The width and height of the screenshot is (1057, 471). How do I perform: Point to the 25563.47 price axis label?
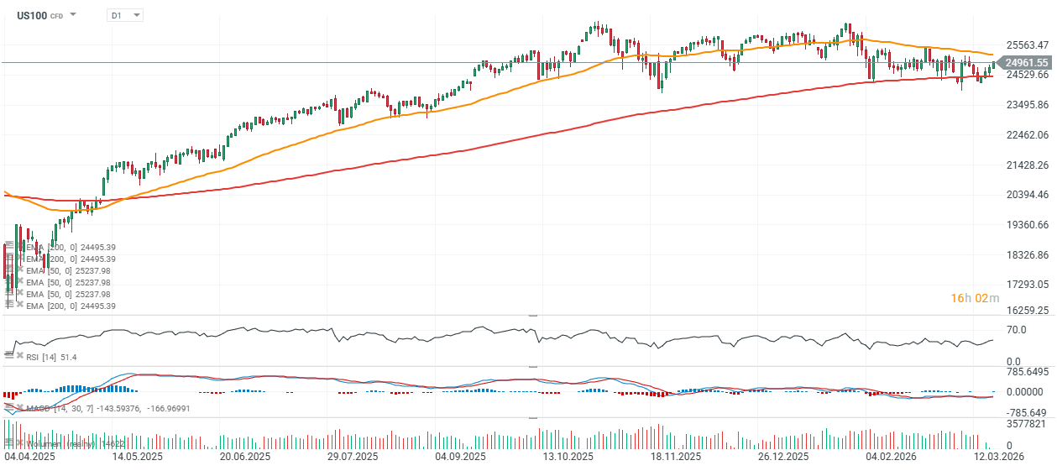click(x=1026, y=45)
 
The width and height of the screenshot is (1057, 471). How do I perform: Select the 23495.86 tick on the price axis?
click(x=1026, y=105)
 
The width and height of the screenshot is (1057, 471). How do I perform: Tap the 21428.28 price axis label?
click(x=1026, y=165)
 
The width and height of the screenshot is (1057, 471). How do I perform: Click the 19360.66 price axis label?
click(x=1026, y=224)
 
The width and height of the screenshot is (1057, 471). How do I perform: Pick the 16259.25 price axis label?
click(x=1026, y=310)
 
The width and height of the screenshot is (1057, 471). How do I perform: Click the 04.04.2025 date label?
click(x=29, y=457)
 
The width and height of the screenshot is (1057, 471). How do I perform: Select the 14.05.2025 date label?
click(x=138, y=457)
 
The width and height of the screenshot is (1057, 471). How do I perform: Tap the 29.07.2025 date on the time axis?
click(x=352, y=457)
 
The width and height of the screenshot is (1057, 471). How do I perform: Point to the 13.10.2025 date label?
click(x=568, y=457)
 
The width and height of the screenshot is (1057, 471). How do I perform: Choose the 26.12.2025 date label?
click(x=782, y=457)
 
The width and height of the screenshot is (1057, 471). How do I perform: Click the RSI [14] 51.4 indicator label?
click(x=51, y=358)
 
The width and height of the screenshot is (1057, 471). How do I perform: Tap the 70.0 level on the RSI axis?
click(x=1016, y=330)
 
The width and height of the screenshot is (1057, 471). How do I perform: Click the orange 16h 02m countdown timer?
click(x=975, y=298)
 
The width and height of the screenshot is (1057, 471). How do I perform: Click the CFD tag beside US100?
click(x=56, y=16)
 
